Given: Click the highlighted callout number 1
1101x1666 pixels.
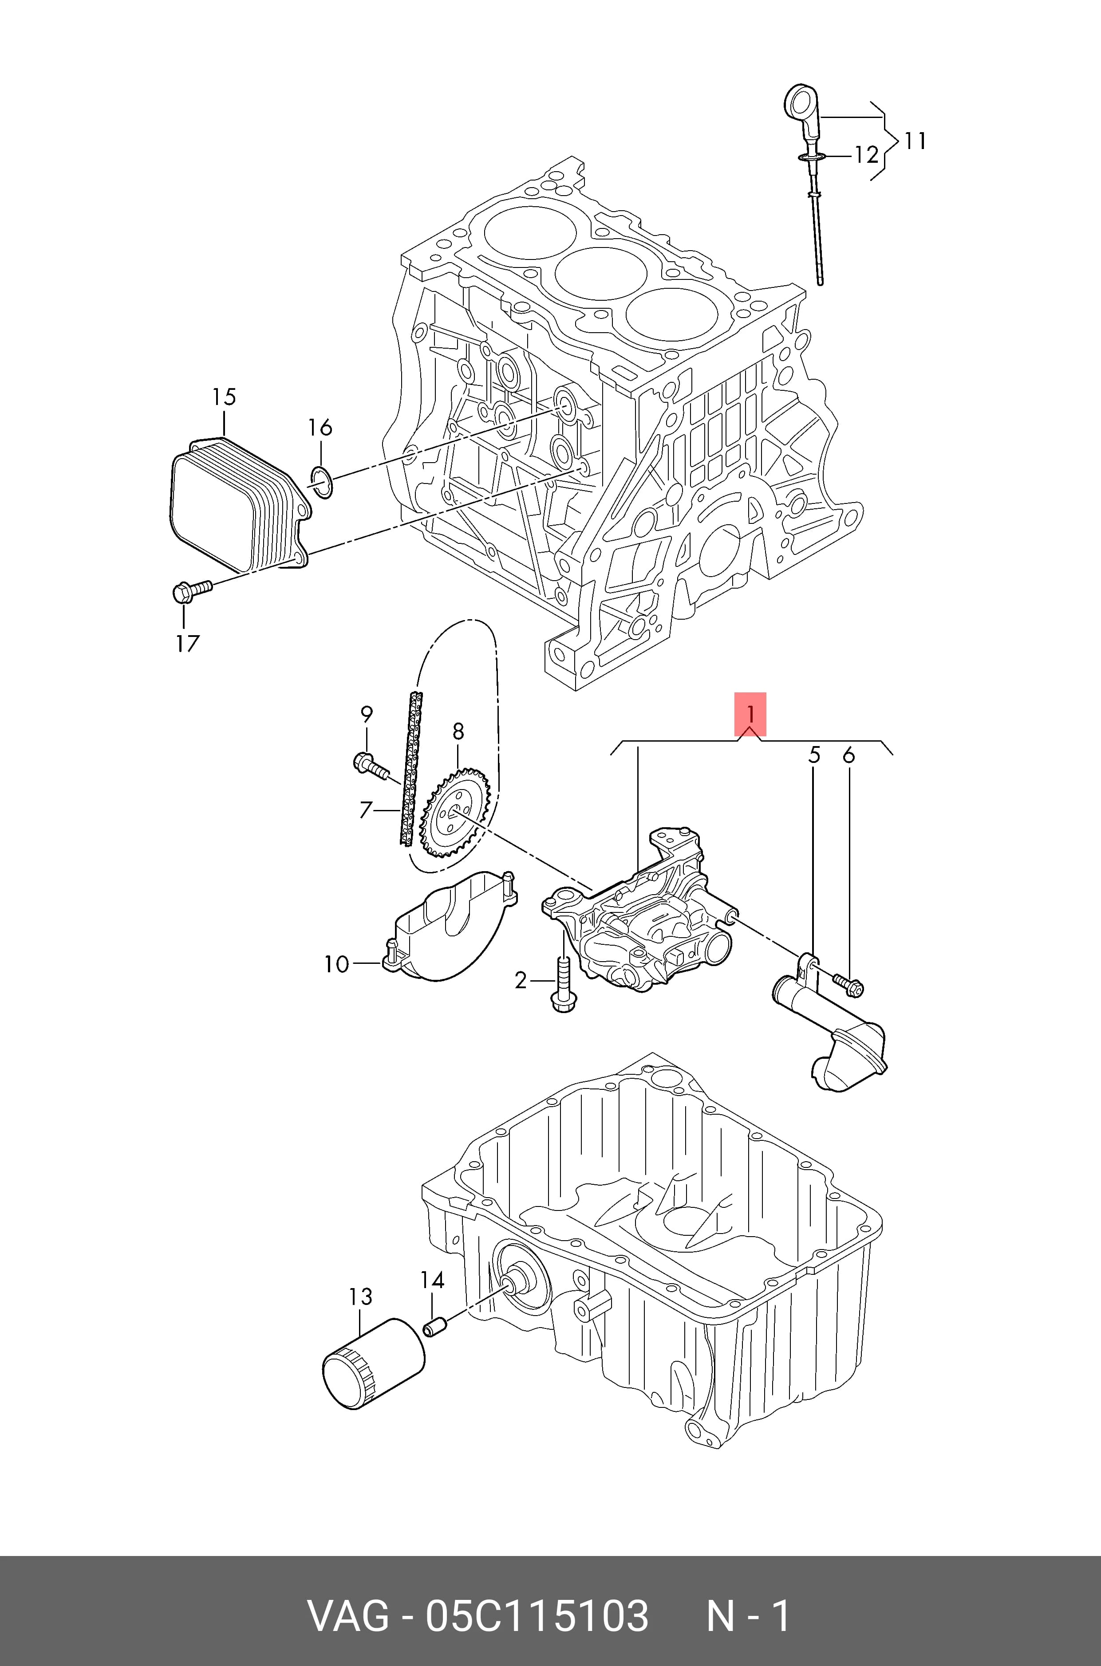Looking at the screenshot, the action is pyautogui.click(x=750, y=715).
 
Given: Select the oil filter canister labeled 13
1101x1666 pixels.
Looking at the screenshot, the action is pyautogui.click(x=374, y=1363).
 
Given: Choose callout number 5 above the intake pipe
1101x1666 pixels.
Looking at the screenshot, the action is pyautogui.click(x=814, y=756).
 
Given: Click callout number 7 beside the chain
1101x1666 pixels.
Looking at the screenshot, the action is pyautogui.click(x=364, y=810).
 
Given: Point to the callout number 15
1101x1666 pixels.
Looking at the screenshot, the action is pyautogui.click(x=224, y=397).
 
